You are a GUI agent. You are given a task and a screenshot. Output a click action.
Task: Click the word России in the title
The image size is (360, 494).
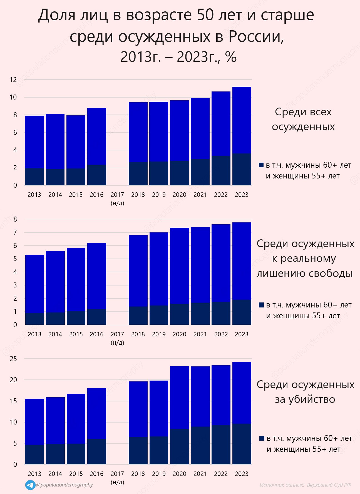click(256, 37)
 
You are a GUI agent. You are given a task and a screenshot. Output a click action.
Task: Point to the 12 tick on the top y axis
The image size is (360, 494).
click(13, 80)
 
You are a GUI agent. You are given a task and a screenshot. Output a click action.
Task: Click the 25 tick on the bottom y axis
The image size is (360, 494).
click(13, 359)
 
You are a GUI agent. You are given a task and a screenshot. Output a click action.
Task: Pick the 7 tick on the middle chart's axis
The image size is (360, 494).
click(15, 232)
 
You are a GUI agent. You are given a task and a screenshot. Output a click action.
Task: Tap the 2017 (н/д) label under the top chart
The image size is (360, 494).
click(117, 198)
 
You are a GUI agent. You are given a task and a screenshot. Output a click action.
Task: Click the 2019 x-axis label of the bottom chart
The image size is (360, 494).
click(159, 474)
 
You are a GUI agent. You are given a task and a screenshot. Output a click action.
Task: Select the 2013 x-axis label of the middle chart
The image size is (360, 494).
click(34, 334)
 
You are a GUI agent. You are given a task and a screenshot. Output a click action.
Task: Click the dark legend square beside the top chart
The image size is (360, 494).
click(261, 165)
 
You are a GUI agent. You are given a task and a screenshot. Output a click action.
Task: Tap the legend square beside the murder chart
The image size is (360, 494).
click(262, 438)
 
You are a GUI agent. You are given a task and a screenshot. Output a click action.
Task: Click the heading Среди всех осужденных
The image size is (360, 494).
click(303, 119)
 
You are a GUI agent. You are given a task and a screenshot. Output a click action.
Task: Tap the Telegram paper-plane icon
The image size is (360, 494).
click(30, 485)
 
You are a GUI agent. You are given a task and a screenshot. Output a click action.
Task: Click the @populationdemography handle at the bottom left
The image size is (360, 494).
click(64, 485)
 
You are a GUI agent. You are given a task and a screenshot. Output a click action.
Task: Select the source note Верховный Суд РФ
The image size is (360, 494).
click(329, 485)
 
